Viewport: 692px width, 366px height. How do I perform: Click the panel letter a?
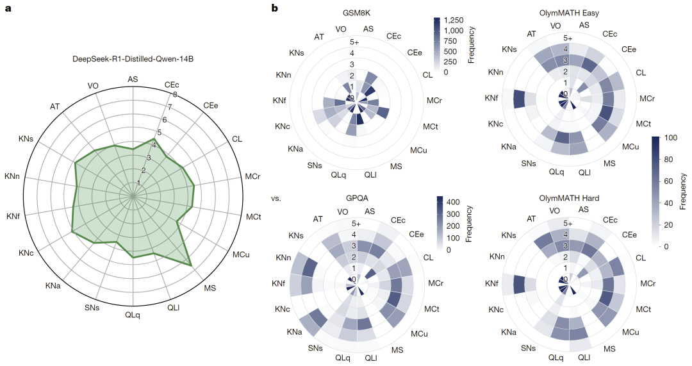[x=8, y=8]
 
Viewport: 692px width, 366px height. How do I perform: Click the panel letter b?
[x=275, y=8]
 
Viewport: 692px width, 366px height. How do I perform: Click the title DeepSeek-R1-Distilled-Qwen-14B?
[x=133, y=59]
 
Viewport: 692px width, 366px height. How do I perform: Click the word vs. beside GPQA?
[x=277, y=198]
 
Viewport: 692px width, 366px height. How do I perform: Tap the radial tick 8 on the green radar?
[x=174, y=95]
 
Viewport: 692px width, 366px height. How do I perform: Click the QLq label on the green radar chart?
[x=133, y=315]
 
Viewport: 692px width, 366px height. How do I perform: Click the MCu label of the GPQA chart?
[x=420, y=333]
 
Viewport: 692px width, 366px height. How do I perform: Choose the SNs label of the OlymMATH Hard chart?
[x=528, y=349]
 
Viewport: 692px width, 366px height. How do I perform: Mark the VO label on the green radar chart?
[x=94, y=86]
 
